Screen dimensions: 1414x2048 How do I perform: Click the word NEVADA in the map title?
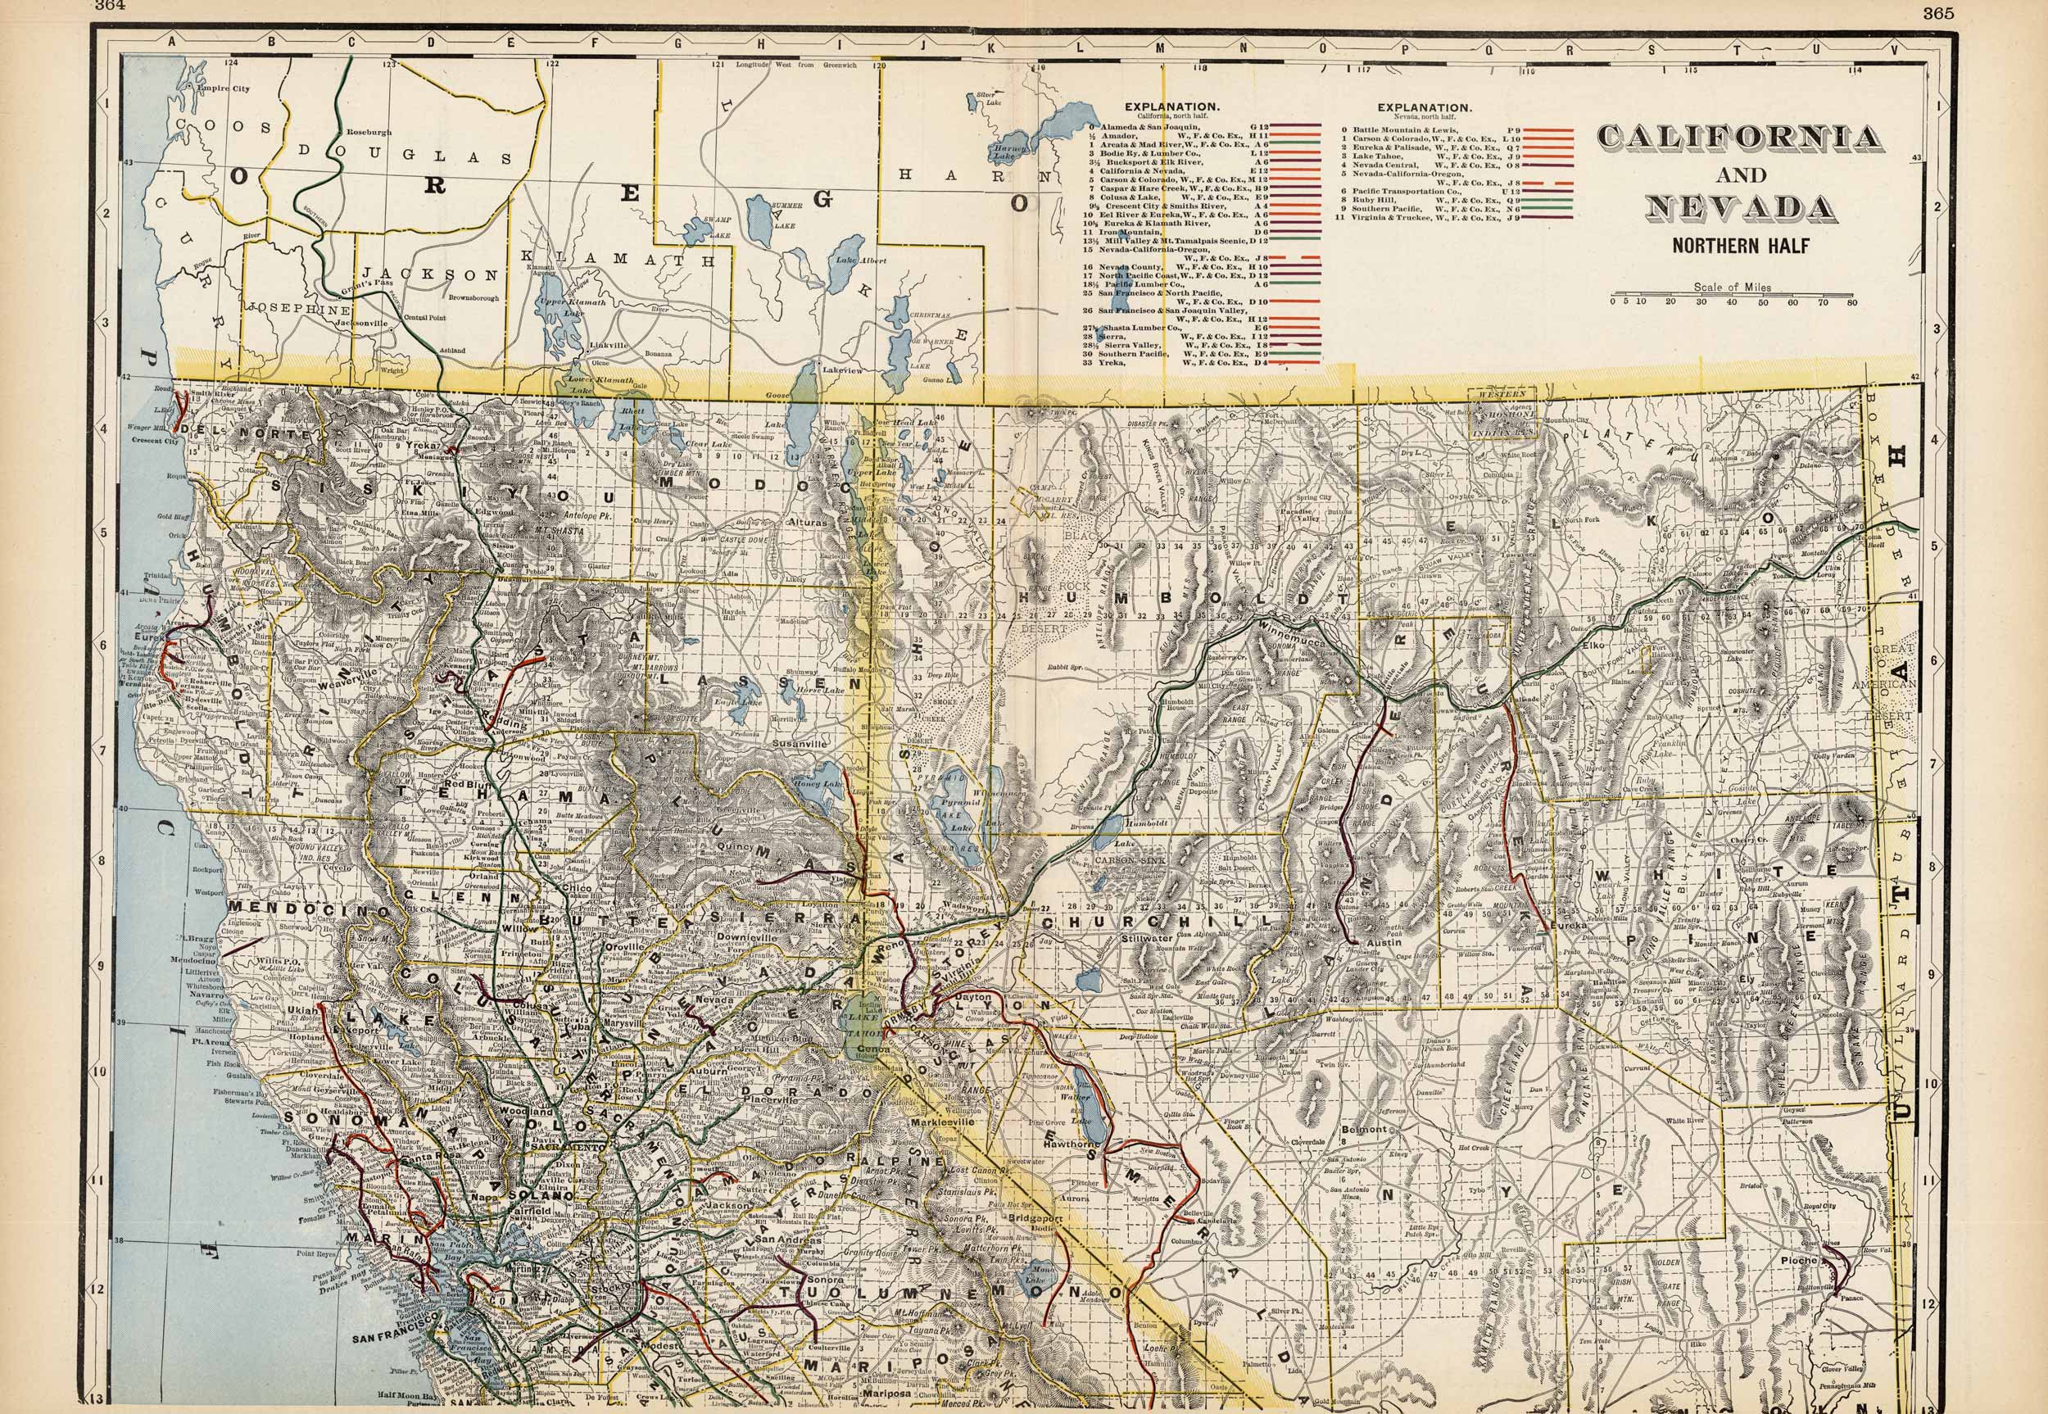1740,209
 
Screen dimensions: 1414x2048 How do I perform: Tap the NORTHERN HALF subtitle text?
1740,247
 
